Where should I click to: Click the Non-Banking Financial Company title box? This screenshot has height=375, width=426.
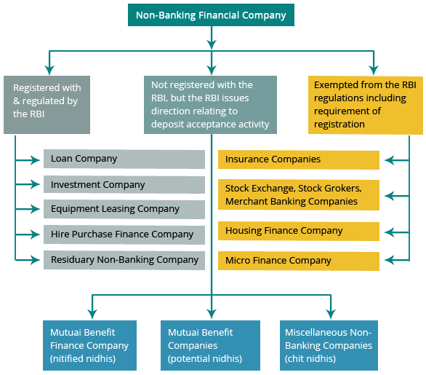coord(211,15)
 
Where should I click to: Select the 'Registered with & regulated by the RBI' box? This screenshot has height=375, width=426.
coord(47,105)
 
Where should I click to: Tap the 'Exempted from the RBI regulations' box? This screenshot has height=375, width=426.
coord(366,105)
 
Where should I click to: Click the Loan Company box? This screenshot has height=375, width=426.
coord(124,159)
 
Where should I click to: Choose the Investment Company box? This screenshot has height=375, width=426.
coord(124,185)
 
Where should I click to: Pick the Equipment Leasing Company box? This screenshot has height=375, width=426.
coord(124,209)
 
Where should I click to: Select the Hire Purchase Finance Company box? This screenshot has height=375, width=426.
coord(124,234)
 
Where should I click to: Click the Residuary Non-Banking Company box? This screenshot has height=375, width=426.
coord(124,260)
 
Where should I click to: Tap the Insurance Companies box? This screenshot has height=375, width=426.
coord(299,159)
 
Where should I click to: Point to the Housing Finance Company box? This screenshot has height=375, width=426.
coord(299,232)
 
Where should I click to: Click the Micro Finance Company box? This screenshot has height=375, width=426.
coord(299,261)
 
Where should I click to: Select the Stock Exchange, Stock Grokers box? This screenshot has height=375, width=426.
coord(299,195)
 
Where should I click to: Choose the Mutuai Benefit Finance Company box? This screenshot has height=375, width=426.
coord(89,345)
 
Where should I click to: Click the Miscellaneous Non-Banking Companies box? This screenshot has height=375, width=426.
coord(329,345)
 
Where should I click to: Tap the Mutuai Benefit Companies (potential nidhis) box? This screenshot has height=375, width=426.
coord(210,345)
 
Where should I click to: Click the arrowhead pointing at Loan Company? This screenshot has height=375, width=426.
coord(36,160)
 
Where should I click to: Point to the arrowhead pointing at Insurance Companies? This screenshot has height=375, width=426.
coord(390,160)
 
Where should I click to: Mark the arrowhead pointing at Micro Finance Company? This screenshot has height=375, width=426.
coord(390,260)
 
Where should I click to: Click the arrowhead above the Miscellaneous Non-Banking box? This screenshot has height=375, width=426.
coord(331,314)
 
